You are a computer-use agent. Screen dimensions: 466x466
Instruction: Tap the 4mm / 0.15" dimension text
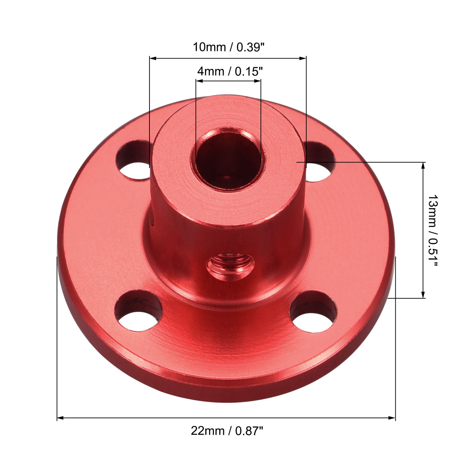click(230, 71)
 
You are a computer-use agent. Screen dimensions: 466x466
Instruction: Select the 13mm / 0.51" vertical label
click(432, 230)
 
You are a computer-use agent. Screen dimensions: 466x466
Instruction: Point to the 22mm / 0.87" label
click(227, 431)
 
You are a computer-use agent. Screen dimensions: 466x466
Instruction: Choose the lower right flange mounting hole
click(313, 312)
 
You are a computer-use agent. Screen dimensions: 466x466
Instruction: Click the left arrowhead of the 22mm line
click(60, 417)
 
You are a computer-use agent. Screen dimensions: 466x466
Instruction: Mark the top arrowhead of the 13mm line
click(423, 165)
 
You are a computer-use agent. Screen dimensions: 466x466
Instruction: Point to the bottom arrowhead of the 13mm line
click(423, 295)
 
